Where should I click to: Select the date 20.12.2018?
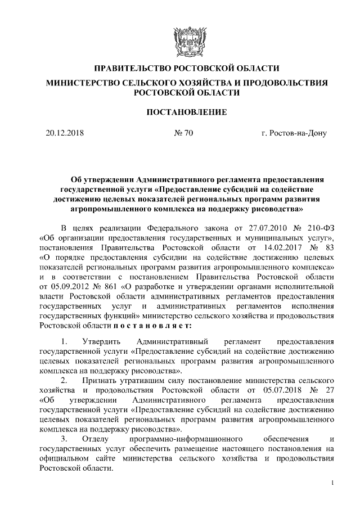(x=64, y=134)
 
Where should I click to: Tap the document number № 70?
(x=181, y=134)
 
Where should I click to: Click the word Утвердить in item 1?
(x=101, y=341)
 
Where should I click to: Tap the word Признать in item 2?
(x=100, y=380)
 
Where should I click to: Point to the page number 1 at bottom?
(x=333, y=483)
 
